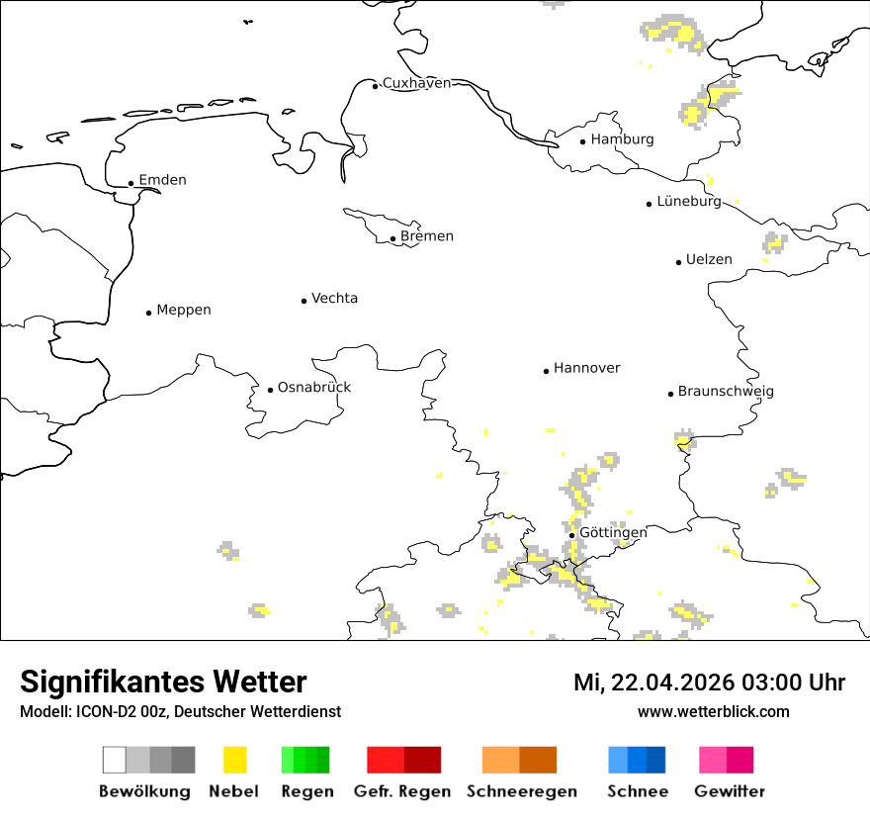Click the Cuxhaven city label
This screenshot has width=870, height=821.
click(416, 83)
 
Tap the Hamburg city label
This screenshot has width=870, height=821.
click(622, 139)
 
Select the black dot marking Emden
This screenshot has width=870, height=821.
click(131, 183)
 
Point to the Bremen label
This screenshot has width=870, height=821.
click(427, 236)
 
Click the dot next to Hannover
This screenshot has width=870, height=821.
click(546, 371)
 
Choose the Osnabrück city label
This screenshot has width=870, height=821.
click(314, 388)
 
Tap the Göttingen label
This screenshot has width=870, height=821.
click(613, 533)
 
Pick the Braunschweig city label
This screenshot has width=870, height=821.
click(726, 392)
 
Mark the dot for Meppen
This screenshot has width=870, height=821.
click(149, 313)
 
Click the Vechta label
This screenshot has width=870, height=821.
click(334, 299)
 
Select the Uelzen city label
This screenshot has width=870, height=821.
click(710, 260)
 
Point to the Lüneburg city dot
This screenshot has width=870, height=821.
click(650, 204)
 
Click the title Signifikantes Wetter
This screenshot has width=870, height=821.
click(163, 682)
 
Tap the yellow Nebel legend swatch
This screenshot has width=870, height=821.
click(235, 760)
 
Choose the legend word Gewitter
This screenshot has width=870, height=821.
click(730, 791)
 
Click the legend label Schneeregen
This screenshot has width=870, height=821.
click(522, 791)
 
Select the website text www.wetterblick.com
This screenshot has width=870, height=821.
click(713, 711)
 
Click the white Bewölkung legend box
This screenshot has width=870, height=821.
click(115, 760)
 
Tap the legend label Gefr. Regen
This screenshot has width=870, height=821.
click(402, 791)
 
